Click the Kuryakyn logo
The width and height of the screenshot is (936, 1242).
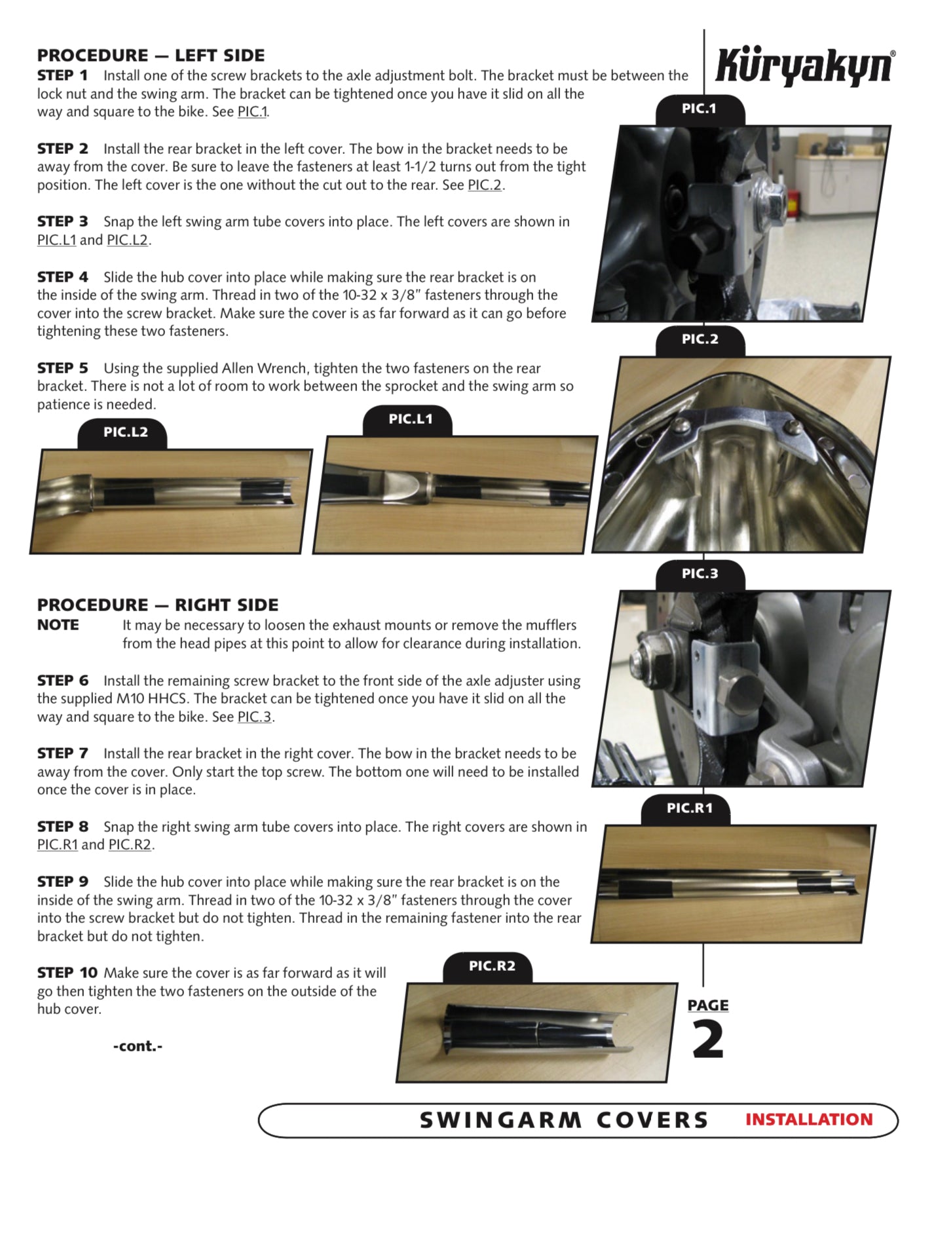click(804, 66)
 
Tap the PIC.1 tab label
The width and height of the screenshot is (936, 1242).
click(699, 109)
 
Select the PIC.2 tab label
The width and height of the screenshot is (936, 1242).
click(700, 339)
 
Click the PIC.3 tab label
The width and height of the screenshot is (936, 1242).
click(700, 574)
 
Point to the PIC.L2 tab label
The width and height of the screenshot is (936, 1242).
click(125, 432)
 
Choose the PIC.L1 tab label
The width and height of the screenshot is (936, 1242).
click(410, 419)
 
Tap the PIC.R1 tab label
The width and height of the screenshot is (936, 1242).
click(689, 808)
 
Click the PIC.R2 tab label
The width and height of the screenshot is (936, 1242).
click(492, 966)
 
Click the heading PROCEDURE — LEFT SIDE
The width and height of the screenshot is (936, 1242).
click(151, 56)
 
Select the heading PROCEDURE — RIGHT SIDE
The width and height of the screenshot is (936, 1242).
click(157, 605)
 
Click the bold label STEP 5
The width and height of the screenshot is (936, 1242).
click(62, 368)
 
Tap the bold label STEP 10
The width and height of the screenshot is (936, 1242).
click(67, 973)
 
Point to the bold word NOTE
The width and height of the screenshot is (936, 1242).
click(58, 625)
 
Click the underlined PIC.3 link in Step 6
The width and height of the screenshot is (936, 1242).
click(254, 717)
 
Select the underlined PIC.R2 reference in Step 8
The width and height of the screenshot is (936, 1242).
click(130, 844)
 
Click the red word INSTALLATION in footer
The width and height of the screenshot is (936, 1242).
click(808, 1120)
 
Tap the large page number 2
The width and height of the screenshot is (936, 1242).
click(707, 1041)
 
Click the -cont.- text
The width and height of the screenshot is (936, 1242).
click(138, 1046)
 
